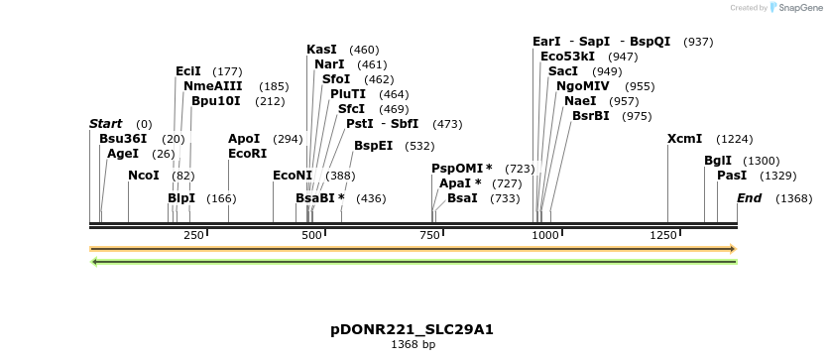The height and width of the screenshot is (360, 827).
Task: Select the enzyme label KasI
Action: [321, 50]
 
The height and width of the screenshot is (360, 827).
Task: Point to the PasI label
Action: [732, 176]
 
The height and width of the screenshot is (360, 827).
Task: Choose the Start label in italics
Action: [105, 124]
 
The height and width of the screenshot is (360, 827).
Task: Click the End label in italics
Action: [749, 198]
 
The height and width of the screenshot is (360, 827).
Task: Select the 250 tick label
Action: [193, 235]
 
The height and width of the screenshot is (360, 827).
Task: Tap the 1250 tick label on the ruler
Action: [663, 235]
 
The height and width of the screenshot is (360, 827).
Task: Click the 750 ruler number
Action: [429, 235]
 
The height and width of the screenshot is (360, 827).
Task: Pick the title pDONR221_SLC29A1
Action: [412, 329]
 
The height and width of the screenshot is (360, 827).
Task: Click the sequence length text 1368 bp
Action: [413, 345]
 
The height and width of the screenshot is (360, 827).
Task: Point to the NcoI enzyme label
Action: [144, 176]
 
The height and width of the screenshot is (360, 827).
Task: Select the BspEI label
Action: [373, 146]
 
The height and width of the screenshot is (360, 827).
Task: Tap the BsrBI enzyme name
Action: [591, 116]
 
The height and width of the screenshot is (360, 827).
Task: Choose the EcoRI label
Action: [248, 154]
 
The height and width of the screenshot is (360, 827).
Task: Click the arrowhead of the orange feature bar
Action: [733, 249]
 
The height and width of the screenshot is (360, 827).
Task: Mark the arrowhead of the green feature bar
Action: [94, 262]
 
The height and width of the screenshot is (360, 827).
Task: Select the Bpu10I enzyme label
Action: [216, 101]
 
